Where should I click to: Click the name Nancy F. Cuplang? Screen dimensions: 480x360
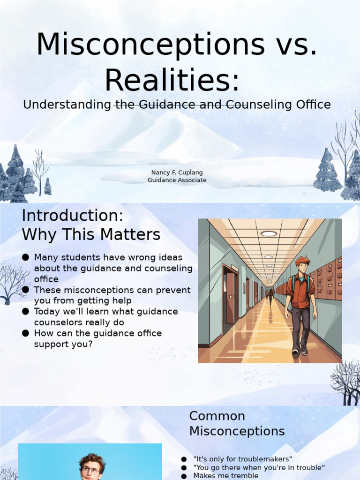tap(177, 172)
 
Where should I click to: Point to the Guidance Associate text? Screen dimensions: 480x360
tap(177, 180)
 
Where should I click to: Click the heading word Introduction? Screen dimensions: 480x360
tap(73, 216)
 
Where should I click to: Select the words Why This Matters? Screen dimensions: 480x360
tap(91, 235)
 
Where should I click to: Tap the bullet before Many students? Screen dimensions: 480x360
tap(25, 257)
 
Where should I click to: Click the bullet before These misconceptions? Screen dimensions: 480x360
tap(25, 290)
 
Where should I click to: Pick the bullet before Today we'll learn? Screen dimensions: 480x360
tap(25, 312)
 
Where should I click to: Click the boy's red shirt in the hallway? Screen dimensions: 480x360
tap(300, 292)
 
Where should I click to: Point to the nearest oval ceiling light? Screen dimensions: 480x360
tap(269, 233)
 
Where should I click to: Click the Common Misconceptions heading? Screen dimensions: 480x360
tap(237, 423)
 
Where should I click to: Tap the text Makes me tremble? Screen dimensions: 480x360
tap(225, 475)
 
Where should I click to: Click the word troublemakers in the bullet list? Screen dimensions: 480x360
tap(266, 459)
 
